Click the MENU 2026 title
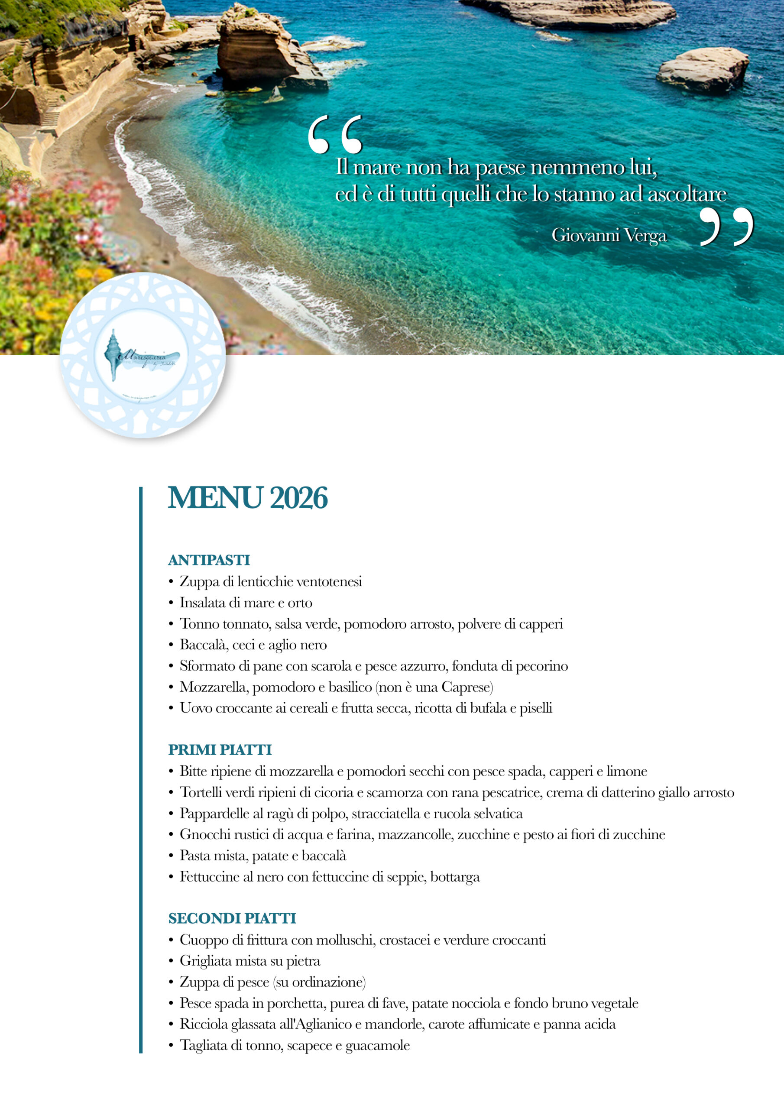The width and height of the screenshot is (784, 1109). click(247, 498)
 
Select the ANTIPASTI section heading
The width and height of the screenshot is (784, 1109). click(209, 560)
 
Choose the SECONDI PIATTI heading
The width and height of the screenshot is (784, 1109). click(232, 918)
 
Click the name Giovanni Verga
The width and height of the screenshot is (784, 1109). click(609, 235)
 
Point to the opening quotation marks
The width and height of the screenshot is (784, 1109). click(335, 134)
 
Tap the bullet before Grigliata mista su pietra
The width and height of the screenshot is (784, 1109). click(171, 961)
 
